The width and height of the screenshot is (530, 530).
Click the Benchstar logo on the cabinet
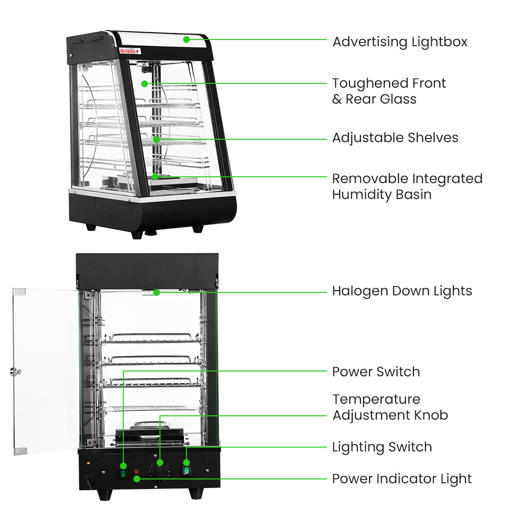point(130,51)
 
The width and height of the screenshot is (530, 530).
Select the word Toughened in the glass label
point(364,83)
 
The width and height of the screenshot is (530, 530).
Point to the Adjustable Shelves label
point(395,138)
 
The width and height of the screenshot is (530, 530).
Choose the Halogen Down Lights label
point(402,291)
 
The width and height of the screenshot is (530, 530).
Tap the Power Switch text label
point(376,372)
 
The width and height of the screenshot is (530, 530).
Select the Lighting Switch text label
point(382,447)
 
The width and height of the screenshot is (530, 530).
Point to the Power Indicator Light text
point(402,479)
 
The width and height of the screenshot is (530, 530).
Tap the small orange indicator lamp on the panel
point(137,471)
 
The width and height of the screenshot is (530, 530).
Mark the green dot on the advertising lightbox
point(186,40)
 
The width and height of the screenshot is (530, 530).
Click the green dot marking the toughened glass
point(145,84)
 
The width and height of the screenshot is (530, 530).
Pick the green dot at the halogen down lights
point(157,292)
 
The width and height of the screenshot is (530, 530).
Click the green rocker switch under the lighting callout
point(186,470)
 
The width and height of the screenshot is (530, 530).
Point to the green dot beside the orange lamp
point(137,479)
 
